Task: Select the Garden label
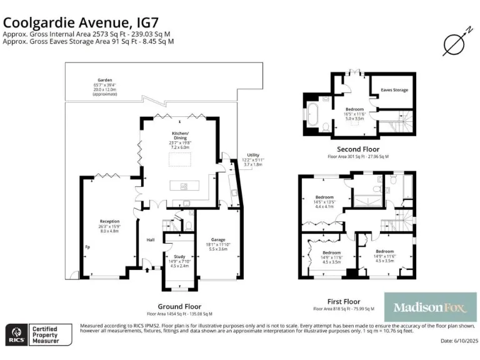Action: pyautogui.click(x=96, y=80)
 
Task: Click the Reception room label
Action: pyautogui.click(x=109, y=221)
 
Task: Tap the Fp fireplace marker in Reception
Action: pyautogui.click(x=87, y=246)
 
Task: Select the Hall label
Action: pyautogui.click(x=151, y=239)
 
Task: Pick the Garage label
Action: pyautogui.click(x=217, y=239)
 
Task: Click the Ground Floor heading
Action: pyautogui.click(x=179, y=306)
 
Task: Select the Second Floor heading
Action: pyautogui.click(x=357, y=149)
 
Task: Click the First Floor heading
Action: pyautogui.click(x=343, y=301)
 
